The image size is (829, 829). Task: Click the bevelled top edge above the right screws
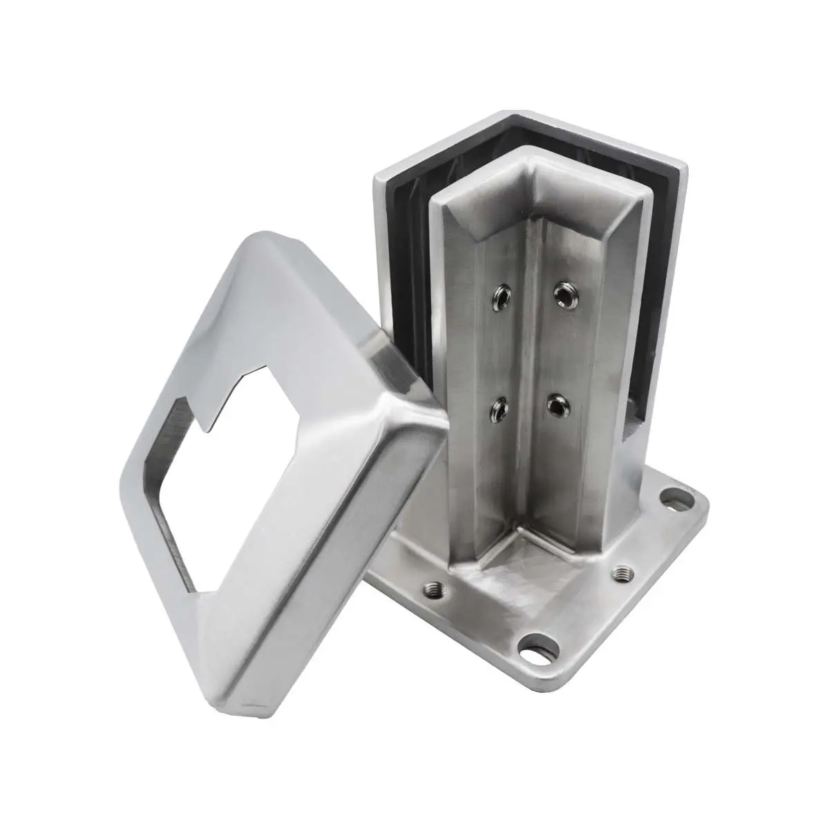[587, 207]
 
